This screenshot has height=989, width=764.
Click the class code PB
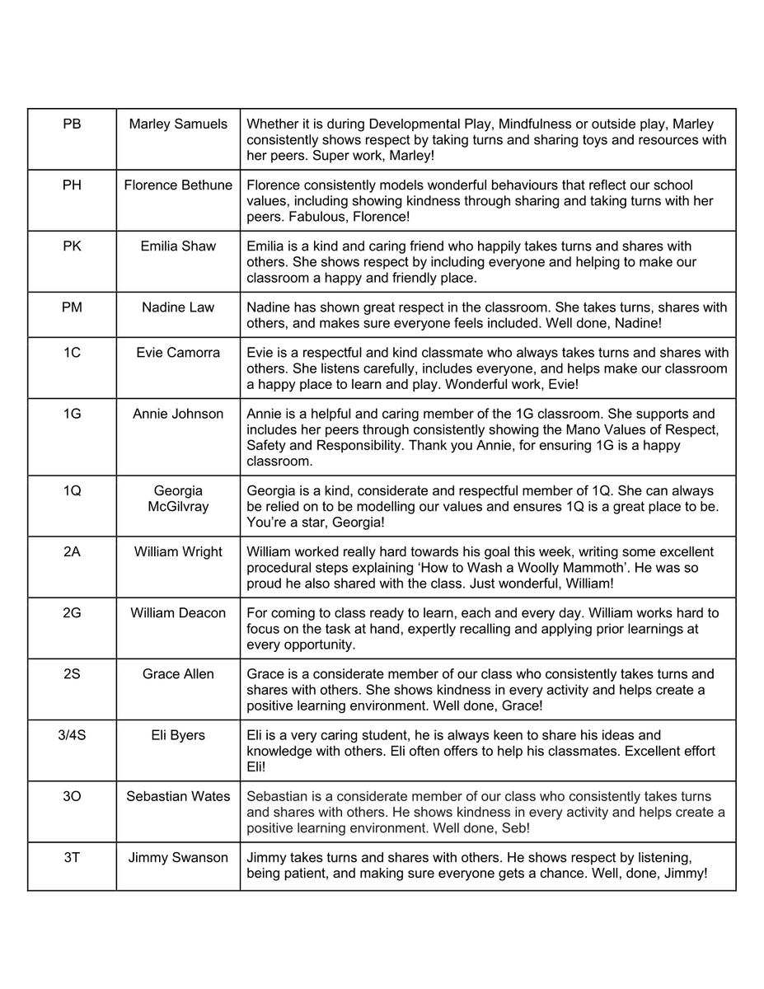pos(72,124)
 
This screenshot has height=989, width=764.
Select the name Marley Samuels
pos(178,124)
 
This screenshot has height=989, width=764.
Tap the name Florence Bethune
pos(178,185)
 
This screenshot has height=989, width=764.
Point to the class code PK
pos(72,246)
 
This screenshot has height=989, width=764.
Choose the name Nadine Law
pos(178,307)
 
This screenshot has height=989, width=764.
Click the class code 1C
pos(72,353)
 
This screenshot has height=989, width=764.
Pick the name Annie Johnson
pos(178,414)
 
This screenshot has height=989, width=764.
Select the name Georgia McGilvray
pos(178,499)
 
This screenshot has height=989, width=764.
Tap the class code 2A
pos(72,552)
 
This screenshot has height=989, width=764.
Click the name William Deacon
pos(178,613)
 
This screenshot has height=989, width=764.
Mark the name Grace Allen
pos(178,674)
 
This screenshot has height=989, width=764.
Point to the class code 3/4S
pos(72,735)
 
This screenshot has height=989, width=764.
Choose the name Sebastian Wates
pos(178,796)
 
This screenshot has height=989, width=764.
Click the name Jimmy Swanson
pos(178,858)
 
